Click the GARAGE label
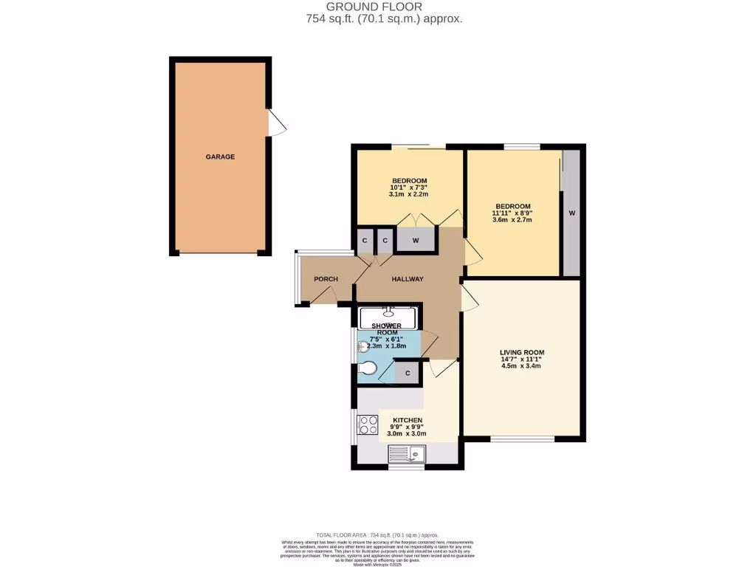(x=220, y=157)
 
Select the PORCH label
(x=326, y=279)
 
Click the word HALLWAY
(x=408, y=279)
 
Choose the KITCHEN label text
(x=408, y=420)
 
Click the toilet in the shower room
(x=366, y=368)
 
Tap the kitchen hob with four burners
(x=368, y=425)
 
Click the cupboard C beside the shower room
(x=407, y=373)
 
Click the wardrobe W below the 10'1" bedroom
(x=415, y=241)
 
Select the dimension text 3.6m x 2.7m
(x=512, y=220)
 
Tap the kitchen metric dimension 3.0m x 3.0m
(x=407, y=434)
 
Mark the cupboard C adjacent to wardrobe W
(x=385, y=241)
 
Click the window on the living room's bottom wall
(x=522, y=440)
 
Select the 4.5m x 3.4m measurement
(x=521, y=366)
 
